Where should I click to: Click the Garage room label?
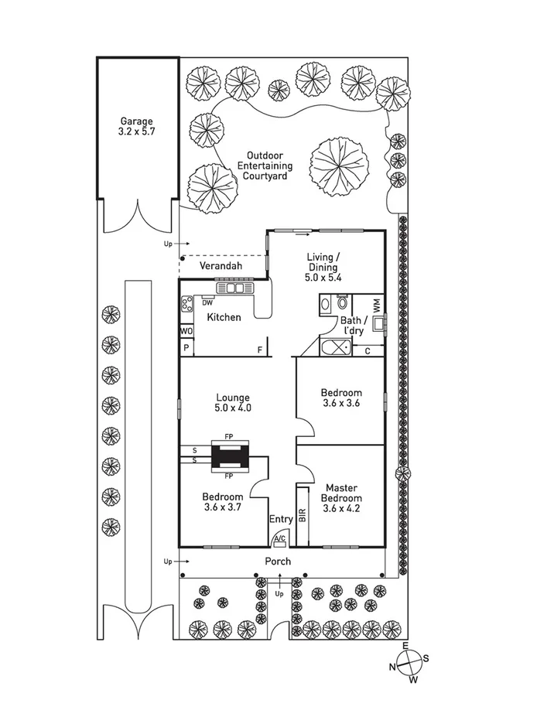coord(136,126)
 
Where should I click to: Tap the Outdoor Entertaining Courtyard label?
coord(265,166)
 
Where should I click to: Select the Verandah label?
coord(221,266)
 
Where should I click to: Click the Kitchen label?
coord(224,317)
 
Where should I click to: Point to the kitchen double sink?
coord(234,289)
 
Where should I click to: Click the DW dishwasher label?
coord(207,302)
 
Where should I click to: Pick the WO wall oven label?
coord(186,331)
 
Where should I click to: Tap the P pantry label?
coord(186,349)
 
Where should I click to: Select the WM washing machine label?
coord(377,305)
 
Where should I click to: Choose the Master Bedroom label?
coord(340,498)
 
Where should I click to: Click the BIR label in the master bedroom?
coord(303,514)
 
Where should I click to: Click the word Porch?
coord(278,561)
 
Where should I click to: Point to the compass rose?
coord(409,662)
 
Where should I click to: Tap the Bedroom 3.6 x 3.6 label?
coord(340,398)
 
